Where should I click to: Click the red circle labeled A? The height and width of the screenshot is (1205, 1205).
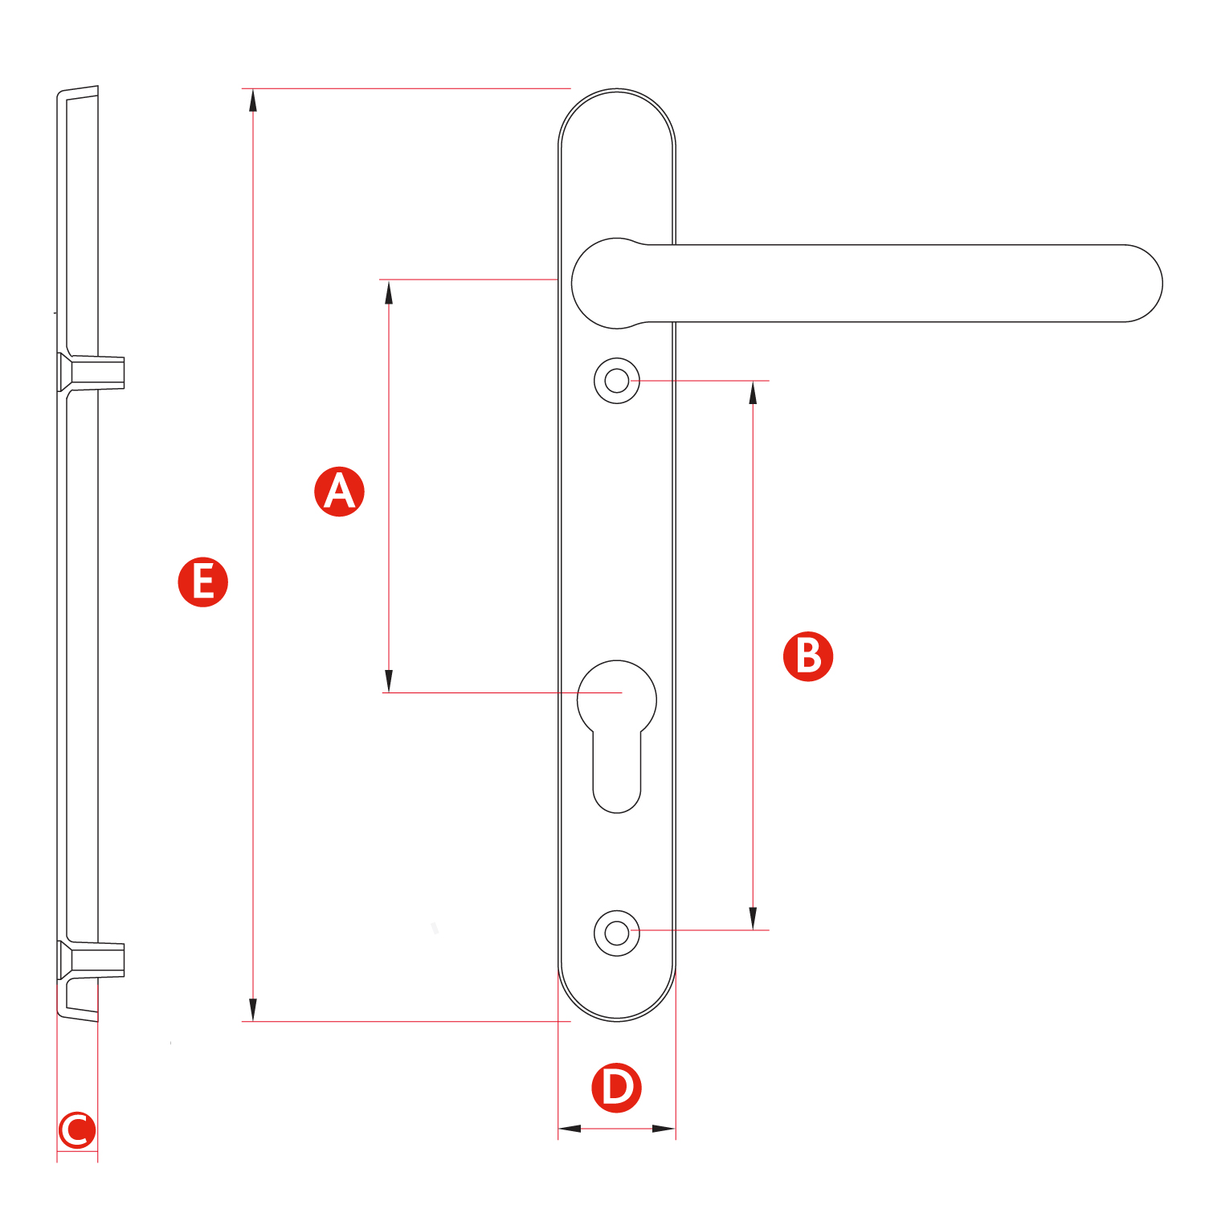(x=339, y=491)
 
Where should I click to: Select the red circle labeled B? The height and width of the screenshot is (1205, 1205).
(x=808, y=656)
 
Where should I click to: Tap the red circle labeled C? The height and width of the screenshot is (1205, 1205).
(x=77, y=1130)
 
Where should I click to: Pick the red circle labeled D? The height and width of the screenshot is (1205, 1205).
(x=616, y=1088)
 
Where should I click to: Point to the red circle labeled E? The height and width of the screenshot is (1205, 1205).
(x=202, y=582)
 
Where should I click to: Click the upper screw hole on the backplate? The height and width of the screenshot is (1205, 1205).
(x=617, y=380)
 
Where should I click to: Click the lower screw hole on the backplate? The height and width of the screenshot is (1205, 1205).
(x=617, y=933)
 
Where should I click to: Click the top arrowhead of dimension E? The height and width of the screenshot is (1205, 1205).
(x=253, y=100)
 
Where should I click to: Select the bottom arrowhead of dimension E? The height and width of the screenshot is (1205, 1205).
(x=253, y=1010)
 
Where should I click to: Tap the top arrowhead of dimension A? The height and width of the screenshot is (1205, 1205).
(x=389, y=292)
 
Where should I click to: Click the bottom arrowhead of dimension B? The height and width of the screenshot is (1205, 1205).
(x=753, y=919)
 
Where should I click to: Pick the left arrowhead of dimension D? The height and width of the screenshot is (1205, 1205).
(x=570, y=1129)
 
